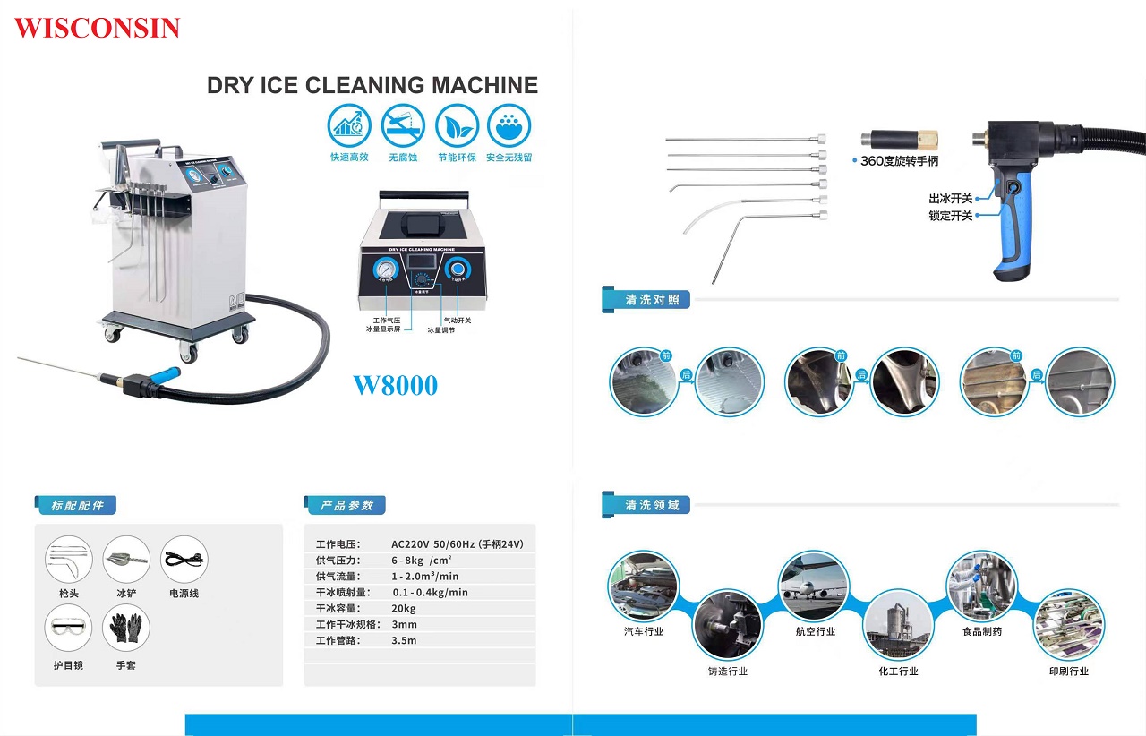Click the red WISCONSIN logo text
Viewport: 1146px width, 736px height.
click(97, 28)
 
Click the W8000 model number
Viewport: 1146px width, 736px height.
click(395, 386)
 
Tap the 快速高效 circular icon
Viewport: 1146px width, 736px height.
click(349, 125)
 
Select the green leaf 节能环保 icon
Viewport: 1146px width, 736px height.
click(457, 125)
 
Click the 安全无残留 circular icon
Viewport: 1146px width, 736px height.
click(509, 125)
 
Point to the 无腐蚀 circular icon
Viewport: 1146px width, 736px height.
click(403, 125)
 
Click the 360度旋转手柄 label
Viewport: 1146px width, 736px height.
click(899, 161)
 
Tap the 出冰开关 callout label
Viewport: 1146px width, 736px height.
click(950, 198)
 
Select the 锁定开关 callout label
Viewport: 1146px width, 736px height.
click(950, 216)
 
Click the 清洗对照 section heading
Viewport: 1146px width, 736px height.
click(652, 300)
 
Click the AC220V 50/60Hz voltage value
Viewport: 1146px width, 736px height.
click(457, 543)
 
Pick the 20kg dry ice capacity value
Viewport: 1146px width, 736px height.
click(404, 608)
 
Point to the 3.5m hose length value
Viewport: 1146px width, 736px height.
click(404, 640)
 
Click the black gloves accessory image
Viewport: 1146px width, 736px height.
click(126, 628)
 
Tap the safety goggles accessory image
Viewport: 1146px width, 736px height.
click(68, 628)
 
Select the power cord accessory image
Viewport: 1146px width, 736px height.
click(184, 560)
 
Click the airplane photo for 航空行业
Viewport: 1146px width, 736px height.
click(813, 586)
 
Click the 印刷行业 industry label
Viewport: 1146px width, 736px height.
click(1069, 671)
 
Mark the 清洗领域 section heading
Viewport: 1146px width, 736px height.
click(652, 505)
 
